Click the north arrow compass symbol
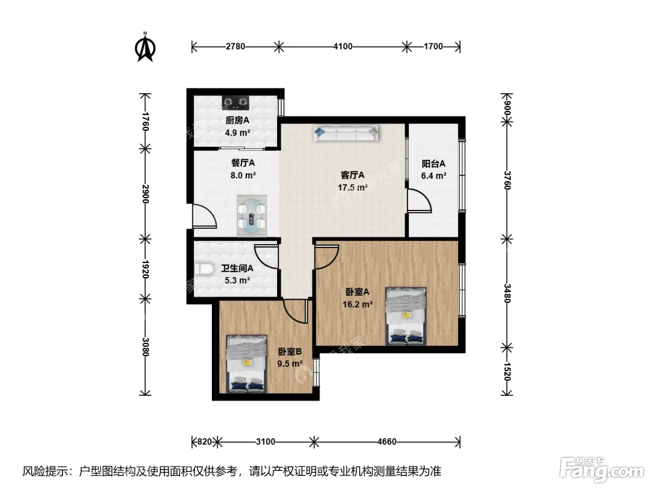click(x=145, y=47)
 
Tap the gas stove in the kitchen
click(x=236, y=103)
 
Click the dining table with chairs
click(x=251, y=216)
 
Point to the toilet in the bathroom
click(x=204, y=269)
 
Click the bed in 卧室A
click(x=406, y=316)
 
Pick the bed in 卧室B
click(x=246, y=364)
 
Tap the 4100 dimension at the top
click(x=343, y=47)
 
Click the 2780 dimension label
click(x=235, y=47)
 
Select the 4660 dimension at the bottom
click(x=387, y=442)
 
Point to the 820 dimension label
click(x=204, y=442)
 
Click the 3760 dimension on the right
click(x=507, y=180)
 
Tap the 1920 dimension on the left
click(x=145, y=269)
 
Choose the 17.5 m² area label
click(x=353, y=188)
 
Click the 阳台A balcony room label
click(x=434, y=163)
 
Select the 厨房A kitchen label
click(x=238, y=120)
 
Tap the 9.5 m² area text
click(x=290, y=363)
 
